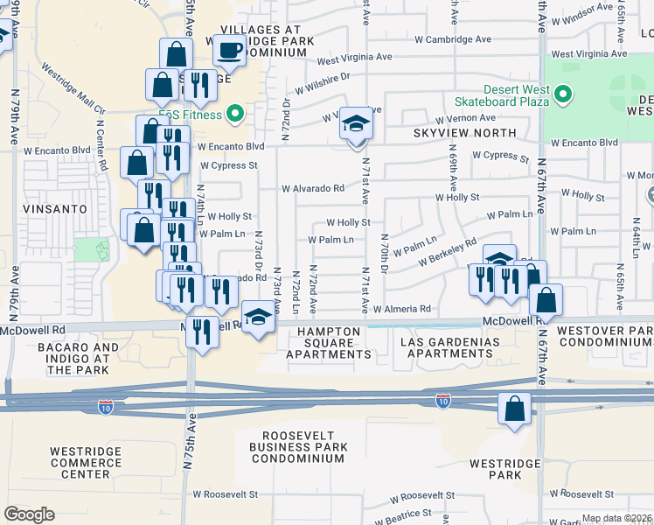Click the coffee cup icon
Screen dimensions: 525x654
tap(229, 52)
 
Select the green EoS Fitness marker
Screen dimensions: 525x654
tap(234, 113)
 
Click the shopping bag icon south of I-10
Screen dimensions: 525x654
tap(514, 409)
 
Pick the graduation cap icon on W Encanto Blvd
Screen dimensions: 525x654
tap(356, 124)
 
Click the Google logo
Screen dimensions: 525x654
tap(29, 514)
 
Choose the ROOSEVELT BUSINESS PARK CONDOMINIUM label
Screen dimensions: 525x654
tap(310, 447)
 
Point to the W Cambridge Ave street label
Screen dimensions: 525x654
tap(453, 39)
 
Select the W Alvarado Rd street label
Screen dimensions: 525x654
tap(312, 188)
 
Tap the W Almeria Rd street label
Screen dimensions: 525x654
tap(401, 309)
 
